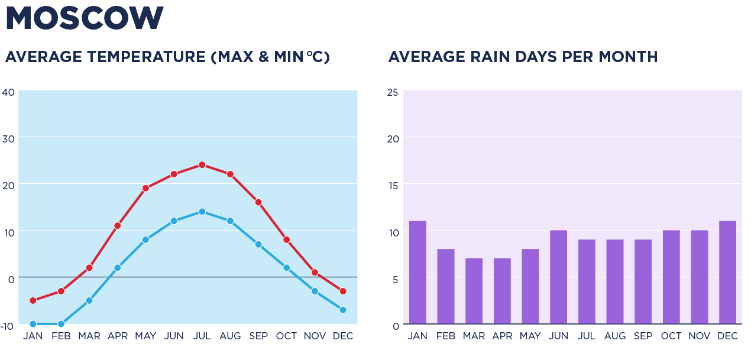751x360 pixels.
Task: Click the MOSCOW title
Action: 85,19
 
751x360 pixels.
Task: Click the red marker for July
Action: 202,165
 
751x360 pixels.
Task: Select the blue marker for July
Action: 202,212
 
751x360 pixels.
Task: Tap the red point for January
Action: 33,301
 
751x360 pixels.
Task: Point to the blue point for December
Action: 343,310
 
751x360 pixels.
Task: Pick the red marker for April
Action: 118,226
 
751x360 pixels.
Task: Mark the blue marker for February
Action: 61,324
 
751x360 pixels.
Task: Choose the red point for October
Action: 287,240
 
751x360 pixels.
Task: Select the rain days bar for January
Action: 417,273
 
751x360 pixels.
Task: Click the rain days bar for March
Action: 474,291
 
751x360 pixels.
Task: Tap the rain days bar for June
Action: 559,277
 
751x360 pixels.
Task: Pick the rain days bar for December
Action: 728,273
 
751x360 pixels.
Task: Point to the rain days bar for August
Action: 615,282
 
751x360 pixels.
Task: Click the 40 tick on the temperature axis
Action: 8,92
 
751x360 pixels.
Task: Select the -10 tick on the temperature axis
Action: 7,326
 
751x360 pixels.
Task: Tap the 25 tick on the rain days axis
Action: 393,92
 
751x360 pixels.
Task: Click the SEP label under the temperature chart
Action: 258,336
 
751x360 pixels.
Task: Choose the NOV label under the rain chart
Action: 700,336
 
